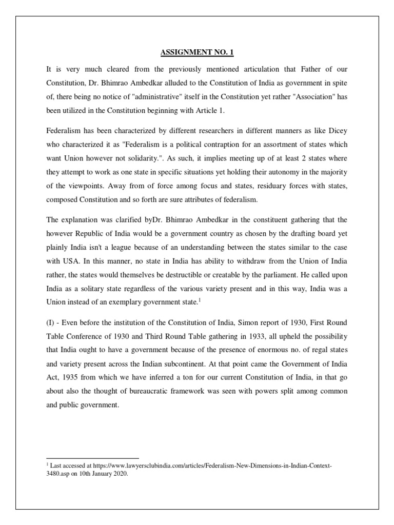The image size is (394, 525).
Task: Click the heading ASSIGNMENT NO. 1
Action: click(x=196, y=52)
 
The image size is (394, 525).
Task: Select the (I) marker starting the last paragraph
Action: click(x=51, y=322)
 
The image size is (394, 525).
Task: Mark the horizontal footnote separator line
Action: click(x=92, y=458)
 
